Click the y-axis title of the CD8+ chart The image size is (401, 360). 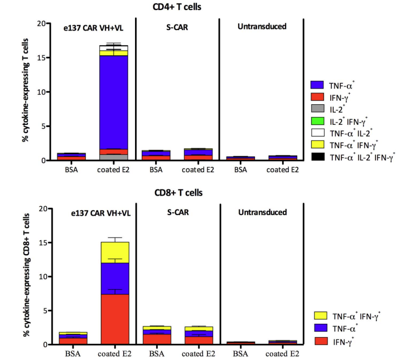26,276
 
